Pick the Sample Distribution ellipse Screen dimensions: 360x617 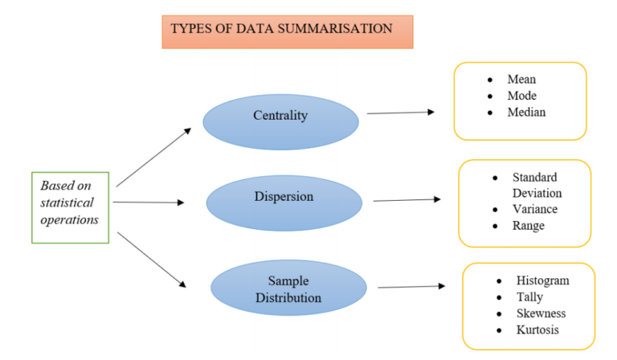coord(288,289)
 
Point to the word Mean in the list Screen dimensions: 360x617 coord(521,80)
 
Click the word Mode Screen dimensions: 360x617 coord(522,96)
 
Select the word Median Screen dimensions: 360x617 coord(526,112)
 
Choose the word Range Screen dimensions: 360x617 coord(529,226)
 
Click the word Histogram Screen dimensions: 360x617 coord(543,280)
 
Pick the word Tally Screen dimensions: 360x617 coord(530,297)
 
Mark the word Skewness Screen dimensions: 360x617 coord(541,313)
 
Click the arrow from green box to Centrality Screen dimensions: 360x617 coord(153,157)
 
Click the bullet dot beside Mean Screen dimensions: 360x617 coord(489,80)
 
